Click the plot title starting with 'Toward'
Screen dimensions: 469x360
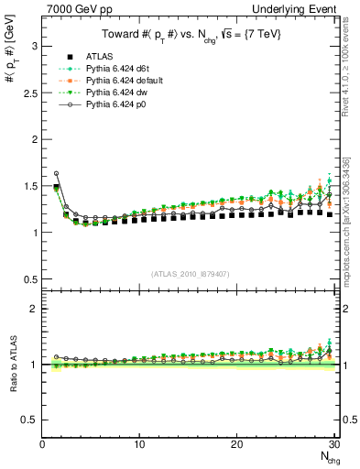[191, 35]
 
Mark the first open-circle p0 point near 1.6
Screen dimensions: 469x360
[56, 173]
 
